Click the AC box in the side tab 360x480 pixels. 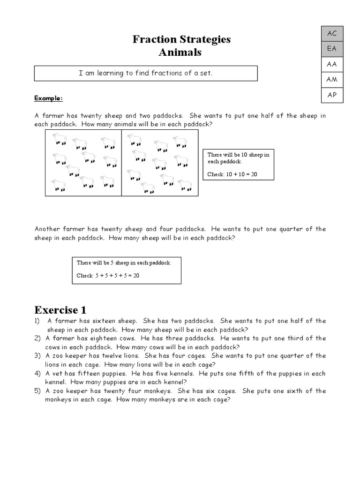pyautogui.click(x=332, y=33)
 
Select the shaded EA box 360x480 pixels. pyautogui.click(x=332, y=49)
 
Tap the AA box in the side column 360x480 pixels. pyautogui.click(x=332, y=64)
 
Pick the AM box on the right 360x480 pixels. pyautogui.click(x=332, y=80)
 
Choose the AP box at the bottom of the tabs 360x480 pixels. pyautogui.click(x=332, y=95)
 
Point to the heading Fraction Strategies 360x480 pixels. pyautogui.click(x=181, y=39)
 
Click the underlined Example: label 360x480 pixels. pyautogui.click(x=48, y=98)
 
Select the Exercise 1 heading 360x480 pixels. pyautogui.click(x=60, y=310)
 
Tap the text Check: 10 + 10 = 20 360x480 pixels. pyautogui.click(x=232, y=175)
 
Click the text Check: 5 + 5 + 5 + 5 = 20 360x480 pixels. pyautogui.click(x=108, y=276)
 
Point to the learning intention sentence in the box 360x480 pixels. pyautogui.click(x=146, y=73)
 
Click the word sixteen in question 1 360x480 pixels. pyautogui.click(x=107, y=321)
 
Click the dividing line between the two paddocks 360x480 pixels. pyautogui.click(x=122, y=163)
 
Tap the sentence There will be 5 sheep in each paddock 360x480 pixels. pyautogui.click(x=124, y=263)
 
